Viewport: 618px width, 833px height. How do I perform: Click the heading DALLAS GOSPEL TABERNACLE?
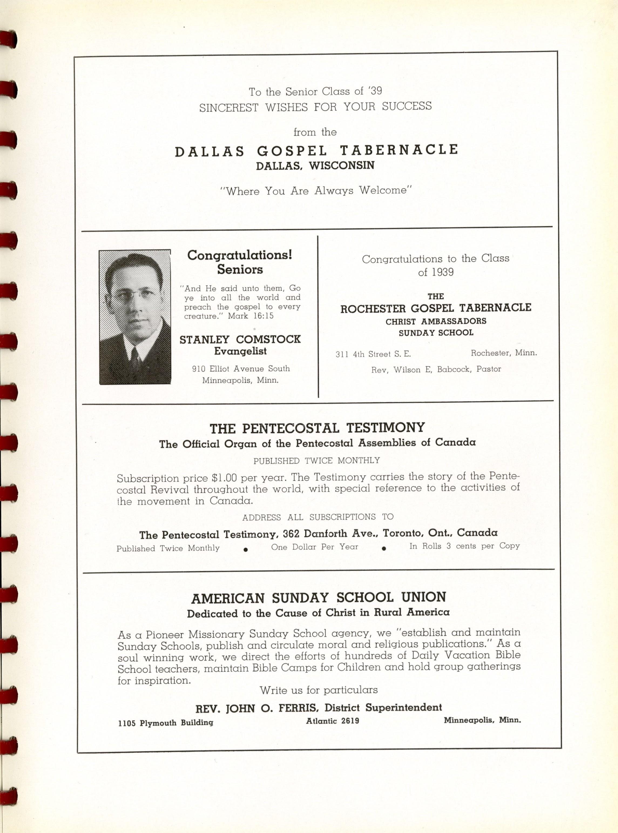click(316, 150)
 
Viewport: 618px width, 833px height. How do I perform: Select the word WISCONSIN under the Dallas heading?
click(341, 165)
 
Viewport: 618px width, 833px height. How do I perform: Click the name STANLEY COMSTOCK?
click(240, 339)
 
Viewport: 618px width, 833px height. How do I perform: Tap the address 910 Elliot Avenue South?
click(241, 369)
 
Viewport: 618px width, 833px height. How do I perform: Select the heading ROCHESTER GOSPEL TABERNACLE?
click(435, 308)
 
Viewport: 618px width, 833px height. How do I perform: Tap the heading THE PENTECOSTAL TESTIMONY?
click(317, 428)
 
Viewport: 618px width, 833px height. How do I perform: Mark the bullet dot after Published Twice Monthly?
click(245, 549)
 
